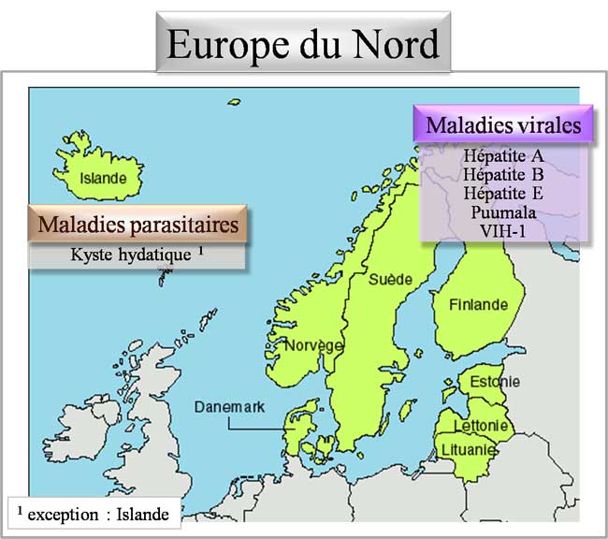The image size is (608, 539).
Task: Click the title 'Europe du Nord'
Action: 302,44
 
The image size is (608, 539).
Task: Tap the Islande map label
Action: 102,178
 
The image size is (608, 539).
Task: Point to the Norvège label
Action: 313,344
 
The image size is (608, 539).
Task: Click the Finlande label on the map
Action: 478,305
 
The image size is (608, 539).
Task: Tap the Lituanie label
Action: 468,451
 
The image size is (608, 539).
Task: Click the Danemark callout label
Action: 230,407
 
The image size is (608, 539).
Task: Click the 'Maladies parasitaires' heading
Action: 138,225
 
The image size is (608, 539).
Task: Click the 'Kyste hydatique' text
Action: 132,254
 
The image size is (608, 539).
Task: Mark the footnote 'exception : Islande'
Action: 96,513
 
